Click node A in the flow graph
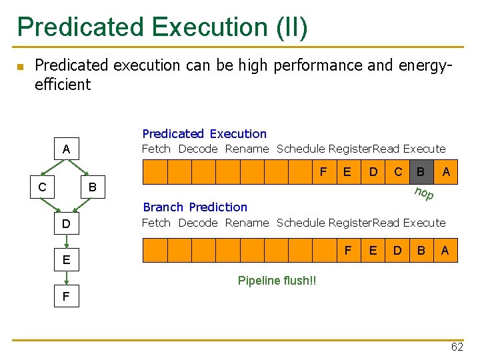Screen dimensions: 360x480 (66, 149)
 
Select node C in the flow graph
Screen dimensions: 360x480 (42, 187)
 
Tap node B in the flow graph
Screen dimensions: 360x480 (93, 187)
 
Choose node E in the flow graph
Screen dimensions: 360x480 (66, 259)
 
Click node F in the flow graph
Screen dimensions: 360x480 (66, 296)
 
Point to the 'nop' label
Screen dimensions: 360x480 (424, 194)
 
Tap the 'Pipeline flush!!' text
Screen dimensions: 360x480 (277, 281)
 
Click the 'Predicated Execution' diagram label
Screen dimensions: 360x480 (204, 134)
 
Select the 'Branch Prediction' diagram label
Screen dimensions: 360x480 (195, 207)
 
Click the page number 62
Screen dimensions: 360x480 (457, 347)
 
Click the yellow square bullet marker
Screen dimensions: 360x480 (20, 67)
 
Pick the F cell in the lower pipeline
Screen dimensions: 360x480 (348, 250)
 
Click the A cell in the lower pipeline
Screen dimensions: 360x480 (445, 250)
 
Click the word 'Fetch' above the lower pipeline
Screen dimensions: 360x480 (156, 223)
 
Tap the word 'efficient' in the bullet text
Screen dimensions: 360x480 (63, 84)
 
